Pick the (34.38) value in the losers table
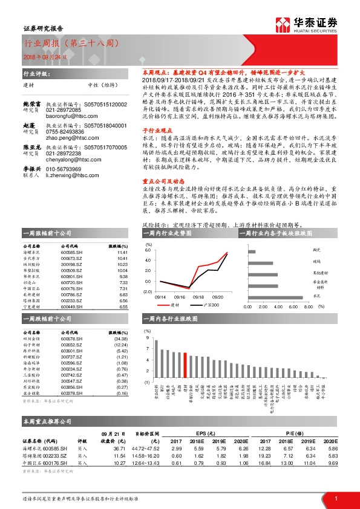tap(121, 340)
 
